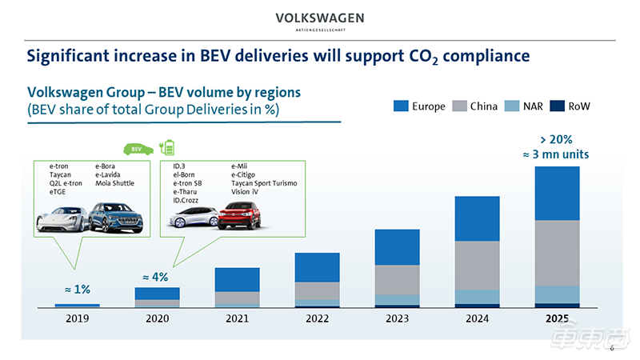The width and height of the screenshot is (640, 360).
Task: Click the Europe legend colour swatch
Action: [x=401, y=106]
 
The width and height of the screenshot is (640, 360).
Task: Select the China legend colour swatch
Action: [x=460, y=106]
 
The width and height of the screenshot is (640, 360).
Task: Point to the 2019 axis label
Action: [x=78, y=318]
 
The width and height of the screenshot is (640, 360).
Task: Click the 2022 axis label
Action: [x=317, y=318]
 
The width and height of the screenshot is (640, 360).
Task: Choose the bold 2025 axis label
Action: [x=557, y=318]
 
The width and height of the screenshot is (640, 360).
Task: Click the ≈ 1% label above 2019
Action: [x=78, y=289]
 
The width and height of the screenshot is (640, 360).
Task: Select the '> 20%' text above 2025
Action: [x=557, y=139]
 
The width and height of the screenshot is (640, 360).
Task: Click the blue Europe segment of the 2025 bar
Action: [x=557, y=193]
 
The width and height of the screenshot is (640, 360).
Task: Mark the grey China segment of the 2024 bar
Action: [x=477, y=265]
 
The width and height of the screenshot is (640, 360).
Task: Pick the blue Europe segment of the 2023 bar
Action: [x=397, y=247]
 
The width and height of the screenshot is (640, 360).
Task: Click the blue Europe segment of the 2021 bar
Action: [x=237, y=279]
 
